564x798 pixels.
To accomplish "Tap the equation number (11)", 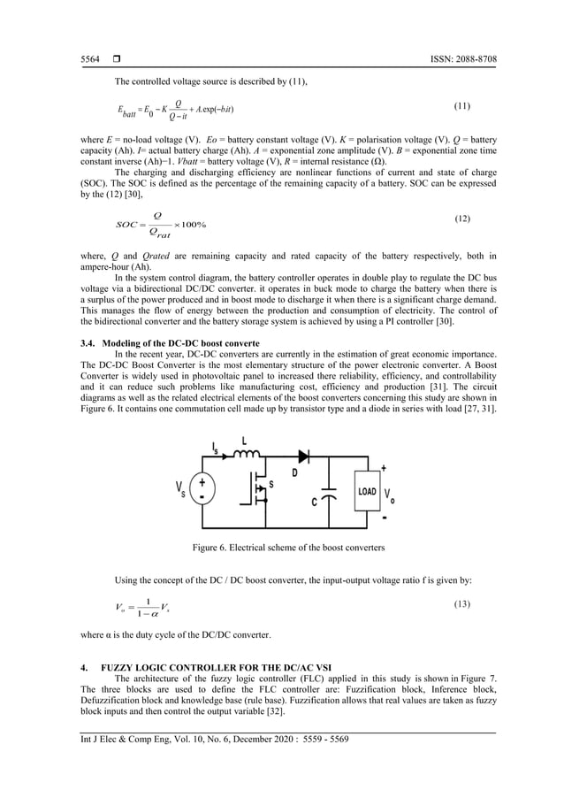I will pyautogui.click(x=461, y=106).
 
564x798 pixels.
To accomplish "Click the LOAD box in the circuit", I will pyautogui.click(x=367, y=491).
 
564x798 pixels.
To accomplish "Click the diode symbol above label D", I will pyautogui.click(x=305, y=457).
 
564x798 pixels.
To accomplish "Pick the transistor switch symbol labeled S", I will pyautogui.click(x=261, y=489).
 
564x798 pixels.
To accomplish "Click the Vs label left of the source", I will pyautogui.click(x=180, y=490).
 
